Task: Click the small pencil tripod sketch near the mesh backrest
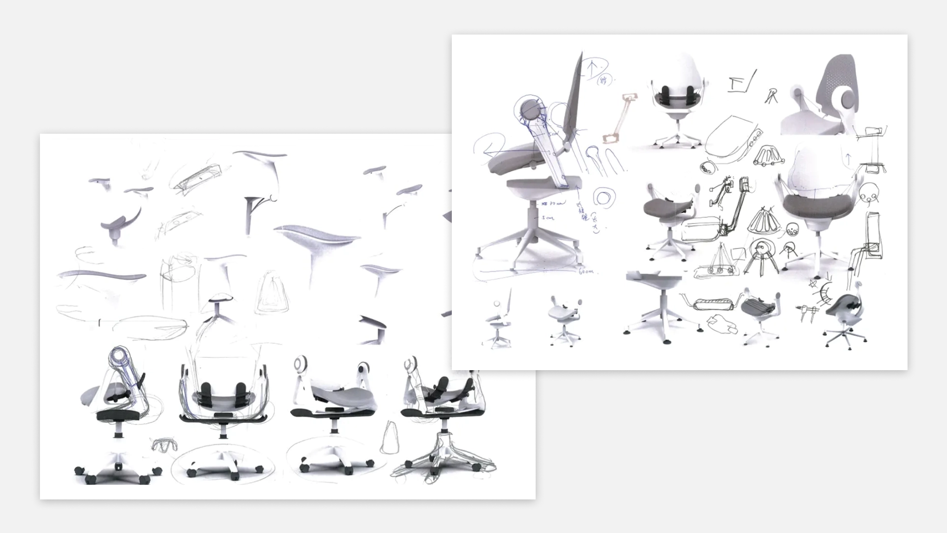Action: point(771,95)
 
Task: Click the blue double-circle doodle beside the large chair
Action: point(602,197)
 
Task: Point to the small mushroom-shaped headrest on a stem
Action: point(219,302)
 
